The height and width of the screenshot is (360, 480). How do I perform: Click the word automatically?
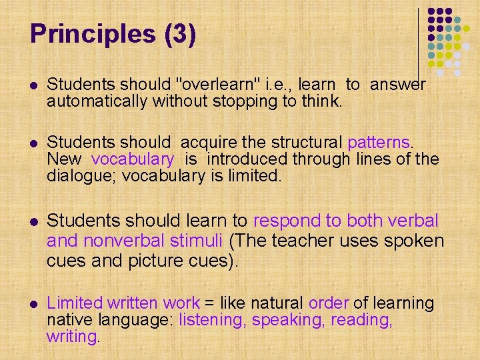point(98,101)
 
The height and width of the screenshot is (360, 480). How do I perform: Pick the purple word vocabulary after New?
point(133,159)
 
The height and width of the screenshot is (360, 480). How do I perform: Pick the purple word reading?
point(361,320)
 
